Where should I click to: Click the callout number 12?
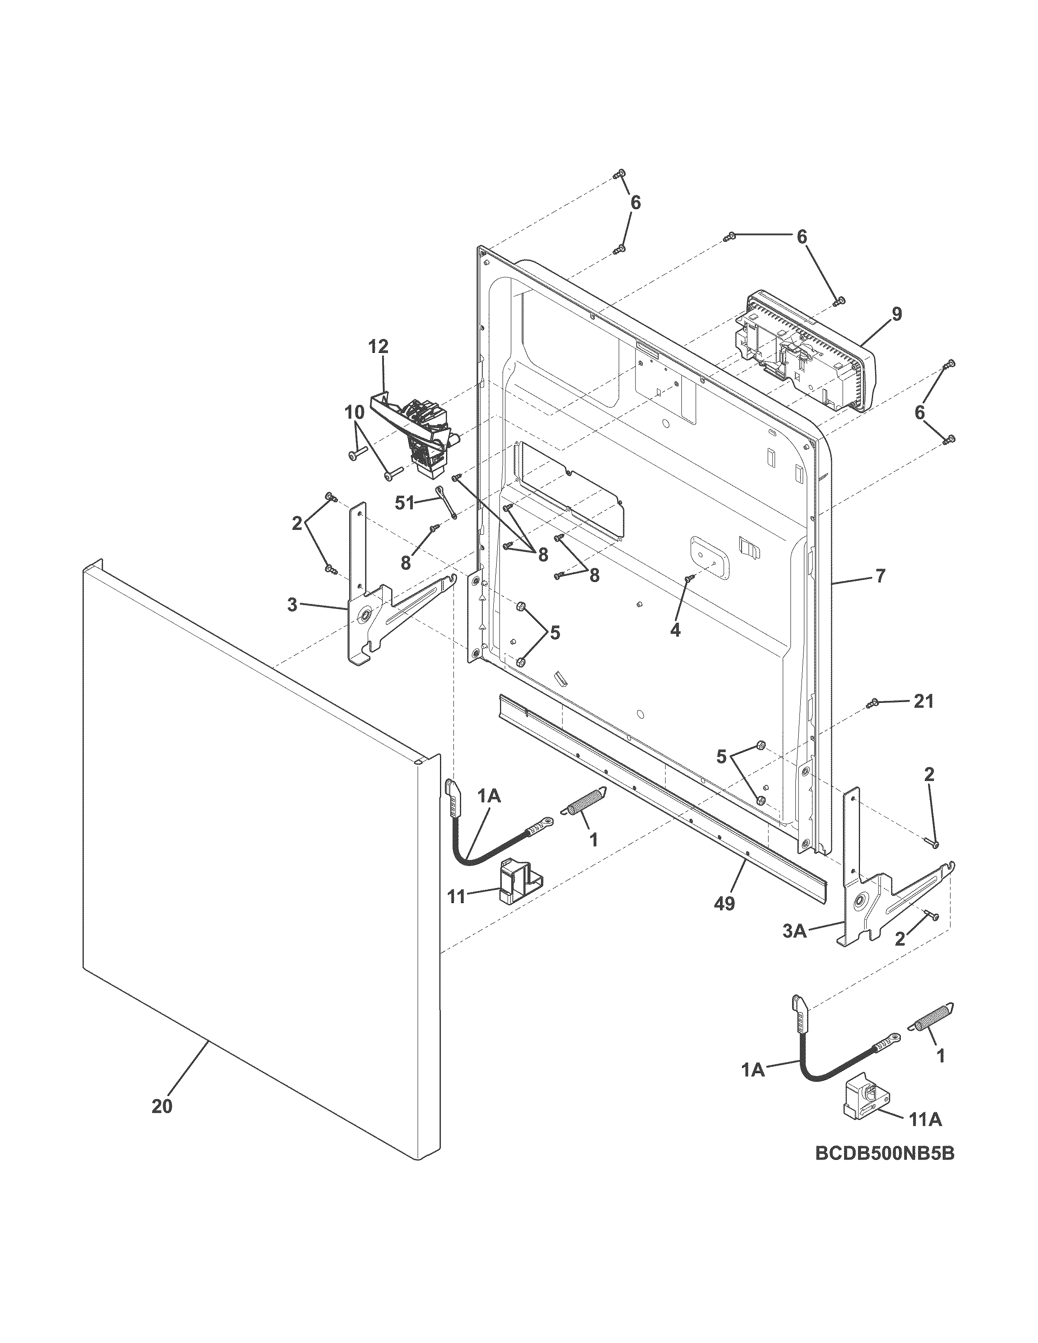379,346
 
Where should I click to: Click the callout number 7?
880,576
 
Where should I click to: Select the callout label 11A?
926,1120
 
